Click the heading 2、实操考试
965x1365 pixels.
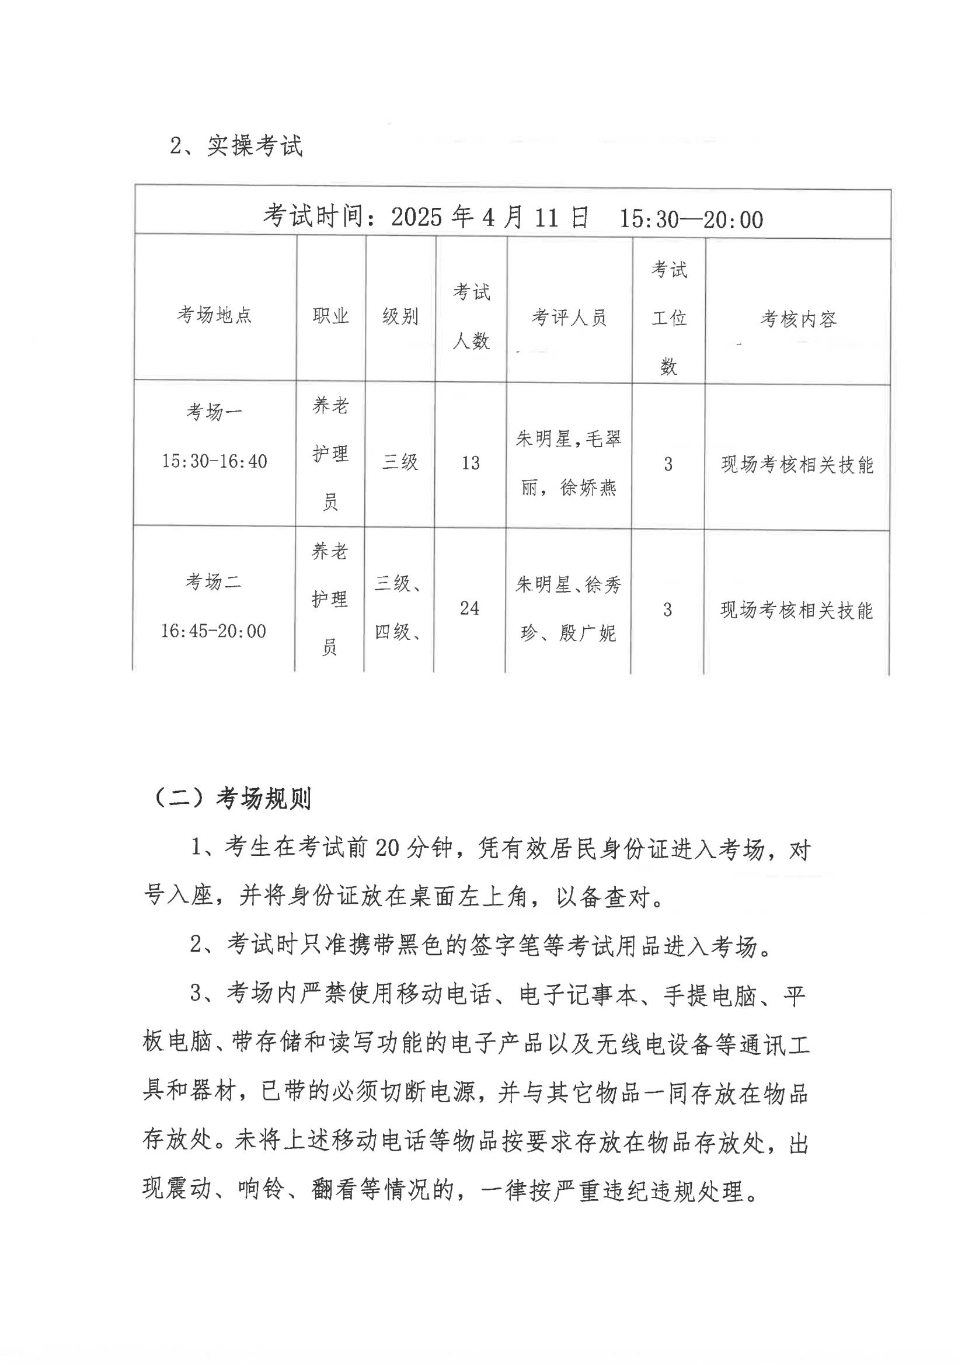(236, 145)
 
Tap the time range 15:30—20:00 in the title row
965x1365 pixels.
(691, 220)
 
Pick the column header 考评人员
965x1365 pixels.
(569, 318)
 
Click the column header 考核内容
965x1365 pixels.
(798, 319)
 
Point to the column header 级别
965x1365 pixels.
(400, 316)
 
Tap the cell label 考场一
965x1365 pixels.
(214, 412)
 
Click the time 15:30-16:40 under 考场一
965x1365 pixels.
(214, 461)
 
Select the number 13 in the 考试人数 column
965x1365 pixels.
(471, 462)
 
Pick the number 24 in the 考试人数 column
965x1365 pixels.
(469, 608)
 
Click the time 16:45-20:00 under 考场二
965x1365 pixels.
(213, 631)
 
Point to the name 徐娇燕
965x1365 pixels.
(588, 487)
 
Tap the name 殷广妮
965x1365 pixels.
(587, 633)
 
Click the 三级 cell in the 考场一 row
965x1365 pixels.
(400, 461)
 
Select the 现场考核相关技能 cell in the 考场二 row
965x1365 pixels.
(796, 610)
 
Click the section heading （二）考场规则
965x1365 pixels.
(232, 799)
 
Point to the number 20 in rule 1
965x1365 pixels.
(386, 848)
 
